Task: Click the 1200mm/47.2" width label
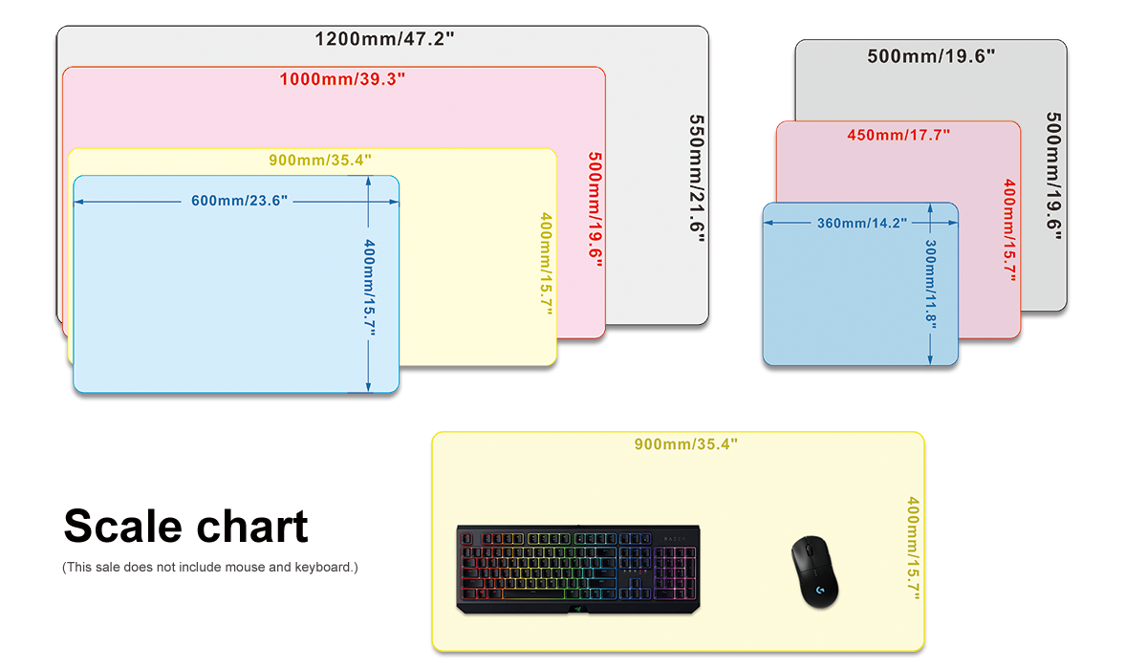pyautogui.click(x=384, y=39)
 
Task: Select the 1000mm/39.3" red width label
pyautogui.click(x=342, y=78)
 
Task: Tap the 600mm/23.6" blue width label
pyautogui.click(x=239, y=201)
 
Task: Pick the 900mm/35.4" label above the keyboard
pyautogui.click(x=685, y=443)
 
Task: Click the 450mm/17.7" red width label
pyautogui.click(x=898, y=135)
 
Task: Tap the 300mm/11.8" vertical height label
pyautogui.click(x=930, y=283)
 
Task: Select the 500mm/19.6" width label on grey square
pyautogui.click(x=931, y=55)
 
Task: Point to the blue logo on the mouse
pyautogui.click(x=823, y=593)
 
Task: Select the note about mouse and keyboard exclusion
pyautogui.click(x=209, y=568)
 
